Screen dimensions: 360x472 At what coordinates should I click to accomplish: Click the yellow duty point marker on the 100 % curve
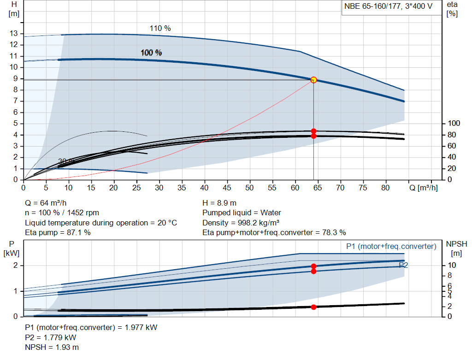[313, 80]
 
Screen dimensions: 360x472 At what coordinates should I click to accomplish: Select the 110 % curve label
[160, 29]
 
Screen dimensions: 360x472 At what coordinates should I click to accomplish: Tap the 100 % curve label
[151, 53]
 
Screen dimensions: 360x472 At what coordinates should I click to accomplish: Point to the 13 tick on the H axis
[14, 34]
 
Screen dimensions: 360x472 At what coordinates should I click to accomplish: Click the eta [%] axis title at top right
[452, 9]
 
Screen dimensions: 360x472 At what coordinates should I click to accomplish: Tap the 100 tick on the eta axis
[454, 124]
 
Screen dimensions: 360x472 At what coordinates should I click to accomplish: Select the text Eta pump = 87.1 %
[58, 232]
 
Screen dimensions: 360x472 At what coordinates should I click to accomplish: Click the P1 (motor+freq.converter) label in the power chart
[391, 247]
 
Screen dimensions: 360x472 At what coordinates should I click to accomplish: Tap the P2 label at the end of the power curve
[403, 265]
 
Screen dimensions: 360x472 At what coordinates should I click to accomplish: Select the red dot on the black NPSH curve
[313, 307]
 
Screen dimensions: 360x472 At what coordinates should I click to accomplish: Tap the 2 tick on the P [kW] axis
[15, 266]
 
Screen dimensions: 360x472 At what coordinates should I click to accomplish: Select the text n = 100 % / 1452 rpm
[62, 213]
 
